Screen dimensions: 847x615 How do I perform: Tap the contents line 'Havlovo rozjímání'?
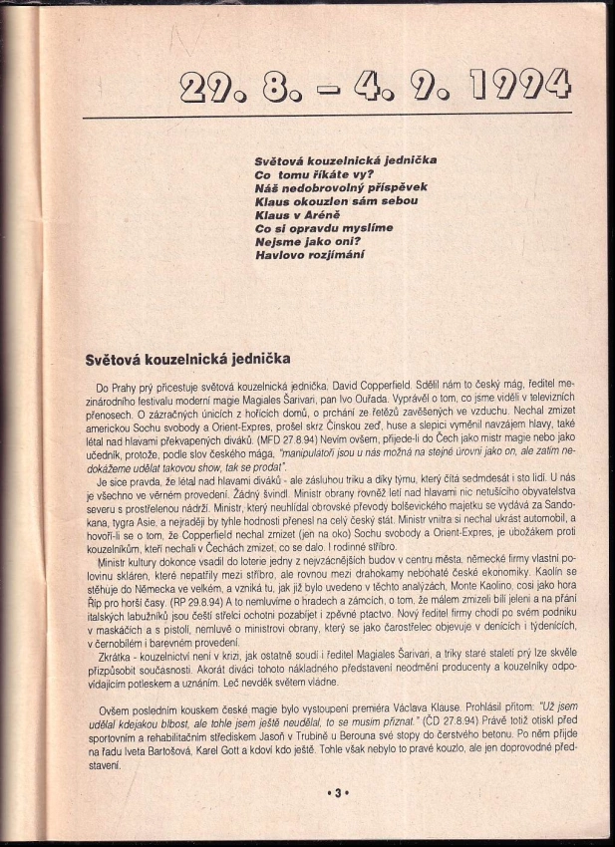311,254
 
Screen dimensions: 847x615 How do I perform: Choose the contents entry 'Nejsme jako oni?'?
307,241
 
